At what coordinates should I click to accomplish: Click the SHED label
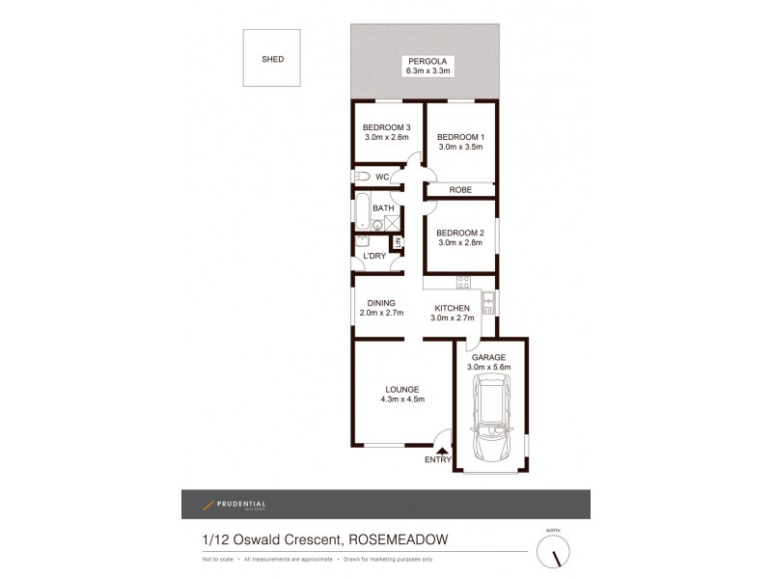[273, 60]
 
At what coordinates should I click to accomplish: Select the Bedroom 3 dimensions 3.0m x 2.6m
[387, 138]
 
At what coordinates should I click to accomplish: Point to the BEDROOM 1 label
[461, 137]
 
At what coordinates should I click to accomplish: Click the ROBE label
[461, 191]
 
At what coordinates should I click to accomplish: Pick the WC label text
[383, 177]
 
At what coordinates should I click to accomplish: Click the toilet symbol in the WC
[361, 177]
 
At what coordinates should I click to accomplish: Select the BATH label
[383, 208]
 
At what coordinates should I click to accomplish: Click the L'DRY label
[373, 255]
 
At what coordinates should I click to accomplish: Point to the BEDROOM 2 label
[460, 233]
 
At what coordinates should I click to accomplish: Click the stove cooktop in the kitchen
[462, 284]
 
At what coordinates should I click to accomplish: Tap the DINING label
[381, 303]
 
